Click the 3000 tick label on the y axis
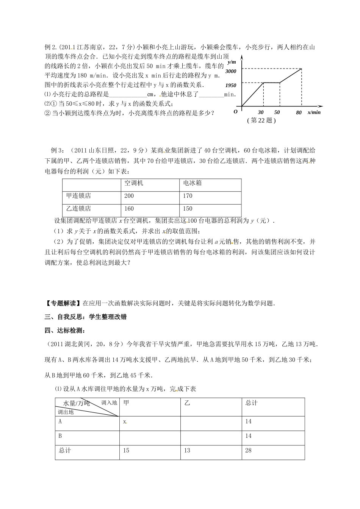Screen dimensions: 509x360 [x=230, y=71]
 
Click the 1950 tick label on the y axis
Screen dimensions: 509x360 [x=230, y=86]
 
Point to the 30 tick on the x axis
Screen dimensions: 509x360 [x=261, y=112]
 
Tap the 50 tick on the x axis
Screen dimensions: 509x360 [x=277, y=112]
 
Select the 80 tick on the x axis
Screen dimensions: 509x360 [x=299, y=112]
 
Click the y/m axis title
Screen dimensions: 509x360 [x=232, y=62]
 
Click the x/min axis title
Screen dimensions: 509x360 [x=314, y=112]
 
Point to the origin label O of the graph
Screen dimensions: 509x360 [x=235, y=112]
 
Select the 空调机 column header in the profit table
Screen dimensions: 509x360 [x=134, y=183]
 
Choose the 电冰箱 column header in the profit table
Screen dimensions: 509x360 [x=193, y=183]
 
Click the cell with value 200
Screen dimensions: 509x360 [x=129, y=196]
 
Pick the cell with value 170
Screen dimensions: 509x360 [x=188, y=196]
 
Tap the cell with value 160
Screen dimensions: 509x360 [x=129, y=209]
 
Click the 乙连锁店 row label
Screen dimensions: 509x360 [x=78, y=209]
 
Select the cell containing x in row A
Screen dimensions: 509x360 [x=125, y=421]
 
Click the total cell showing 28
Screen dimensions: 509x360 [x=248, y=450]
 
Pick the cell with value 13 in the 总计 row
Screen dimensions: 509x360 [x=187, y=450]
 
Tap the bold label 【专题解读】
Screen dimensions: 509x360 [x=62, y=303]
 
